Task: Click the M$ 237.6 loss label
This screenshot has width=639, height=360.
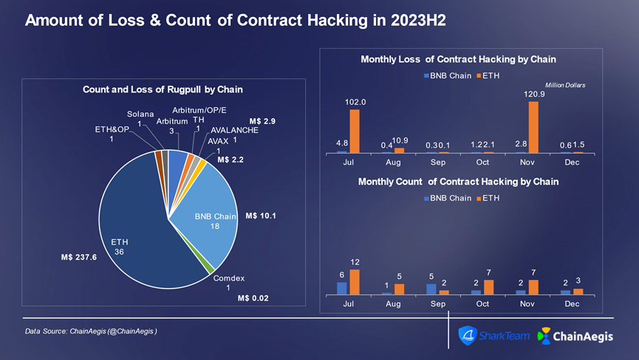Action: (79, 257)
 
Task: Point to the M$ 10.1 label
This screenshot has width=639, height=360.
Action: (260, 216)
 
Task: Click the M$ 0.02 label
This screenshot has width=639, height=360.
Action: (253, 298)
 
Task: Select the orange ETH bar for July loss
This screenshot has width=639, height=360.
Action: (355, 131)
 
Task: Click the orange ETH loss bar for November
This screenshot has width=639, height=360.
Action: (533, 126)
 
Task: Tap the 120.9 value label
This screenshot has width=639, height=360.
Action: (534, 94)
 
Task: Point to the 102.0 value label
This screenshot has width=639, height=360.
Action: (355, 102)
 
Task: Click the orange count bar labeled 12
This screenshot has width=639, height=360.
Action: (355, 282)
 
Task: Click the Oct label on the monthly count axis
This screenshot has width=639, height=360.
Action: (482, 304)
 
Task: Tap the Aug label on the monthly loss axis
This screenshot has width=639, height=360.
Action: (393, 163)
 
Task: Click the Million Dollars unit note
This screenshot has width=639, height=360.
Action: (564, 86)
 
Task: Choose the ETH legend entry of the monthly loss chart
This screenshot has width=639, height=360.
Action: (488, 75)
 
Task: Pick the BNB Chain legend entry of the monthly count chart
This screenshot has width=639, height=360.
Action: (448, 198)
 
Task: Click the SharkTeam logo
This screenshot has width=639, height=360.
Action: (494, 336)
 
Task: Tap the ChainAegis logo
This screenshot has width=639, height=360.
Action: (584, 336)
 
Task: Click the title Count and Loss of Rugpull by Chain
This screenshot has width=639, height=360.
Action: (163, 90)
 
